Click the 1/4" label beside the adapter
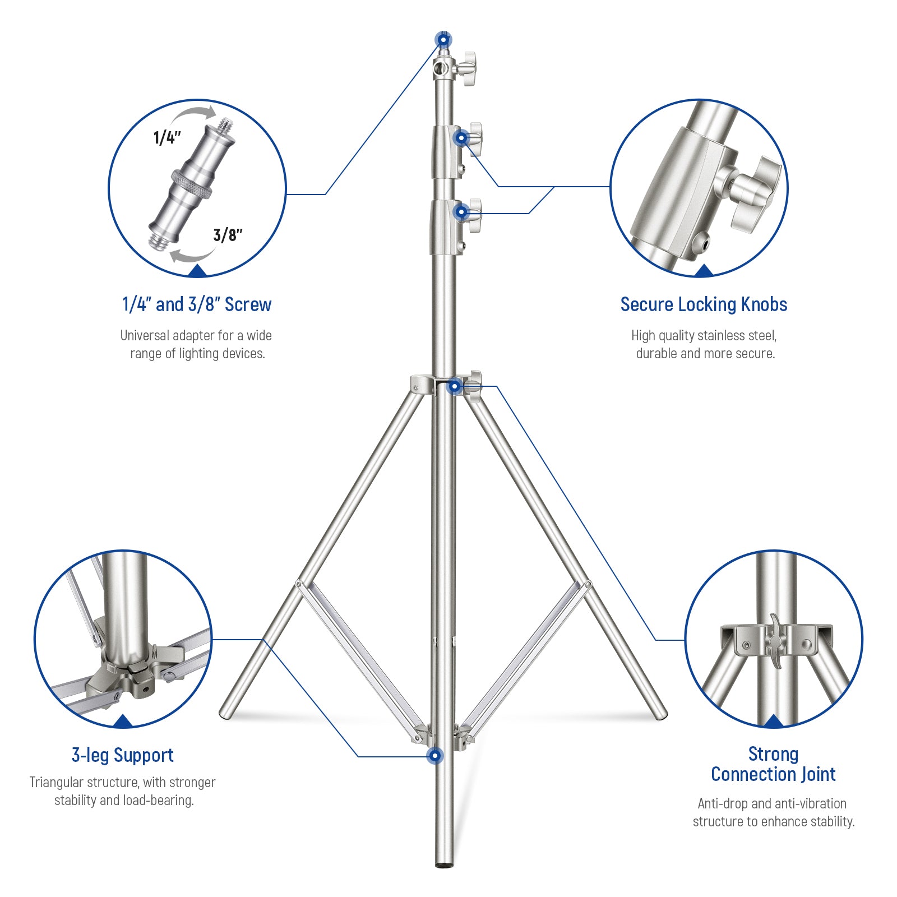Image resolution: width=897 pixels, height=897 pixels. pyautogui.click(x=167, y=137)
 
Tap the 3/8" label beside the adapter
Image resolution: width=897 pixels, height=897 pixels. pyautogui.click(x=228, y=235)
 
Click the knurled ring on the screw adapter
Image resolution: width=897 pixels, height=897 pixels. pyautogui.click(x=192, y=184)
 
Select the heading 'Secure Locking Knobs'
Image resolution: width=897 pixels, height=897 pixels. pyautogui.click(x=704, y=304)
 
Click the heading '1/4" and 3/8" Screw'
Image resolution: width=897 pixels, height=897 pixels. pyautogui.click(x=197, y=304)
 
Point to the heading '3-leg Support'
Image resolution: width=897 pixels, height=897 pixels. pyautogui.click(x=122, y=755)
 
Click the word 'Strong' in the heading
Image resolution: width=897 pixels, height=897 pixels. pyautogui.click(x=773, y=754)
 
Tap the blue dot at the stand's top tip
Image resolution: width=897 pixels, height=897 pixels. pyautogui.click(x=443, y=40)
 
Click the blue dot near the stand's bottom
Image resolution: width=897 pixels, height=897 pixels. pyautogui.click(x=434, y=756)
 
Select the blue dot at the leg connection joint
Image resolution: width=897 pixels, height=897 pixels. pyautogui.click(x=455, y=386)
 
